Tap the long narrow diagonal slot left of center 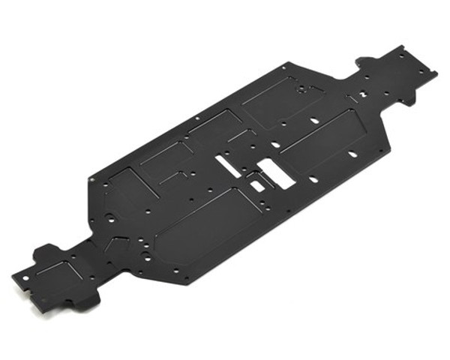[229, 166]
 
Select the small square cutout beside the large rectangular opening [257, 182]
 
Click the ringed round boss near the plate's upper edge [302, 88]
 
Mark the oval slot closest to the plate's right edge [352, 154]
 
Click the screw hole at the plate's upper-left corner [91, 179]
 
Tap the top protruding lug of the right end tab [367, 58]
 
